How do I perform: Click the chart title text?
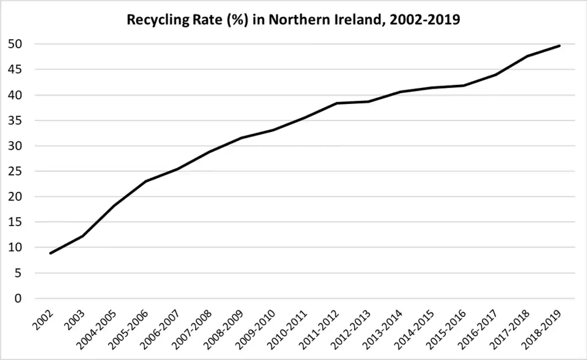click(293, 20)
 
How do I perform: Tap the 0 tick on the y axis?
click(20, 298)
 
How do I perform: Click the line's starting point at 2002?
click(51, 253)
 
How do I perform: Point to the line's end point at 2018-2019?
click(559, 46)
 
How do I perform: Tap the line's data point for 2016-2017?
click(496, 75)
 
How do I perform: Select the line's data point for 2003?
click(83, 236)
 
